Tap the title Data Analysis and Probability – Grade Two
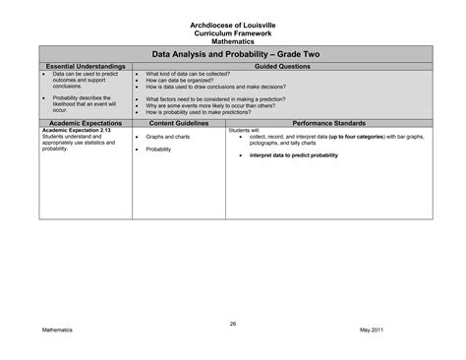point(233,56)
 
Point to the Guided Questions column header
point(282,66)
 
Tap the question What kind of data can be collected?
point(187,74)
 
